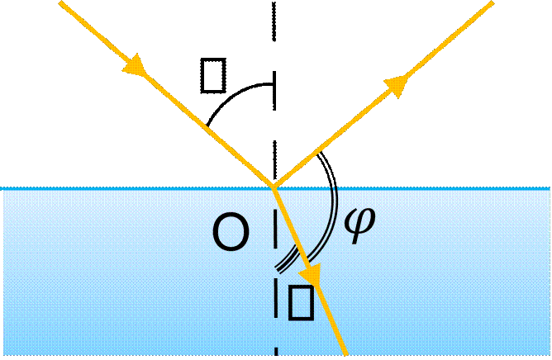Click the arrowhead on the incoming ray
[x=136, y=69]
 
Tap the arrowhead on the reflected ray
[x=397, y=83]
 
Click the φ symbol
[x=363, y=224]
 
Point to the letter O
[x=231, y=234]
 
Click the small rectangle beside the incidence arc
[x=212, y=77]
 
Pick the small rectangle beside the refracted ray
[x=299, y=302]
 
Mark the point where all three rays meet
[x=274, y=187]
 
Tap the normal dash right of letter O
[x=274, y=228]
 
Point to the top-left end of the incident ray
[x=59, y=2]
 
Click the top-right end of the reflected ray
[x=493, y=2]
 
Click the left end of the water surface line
[x=2, y=188]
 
